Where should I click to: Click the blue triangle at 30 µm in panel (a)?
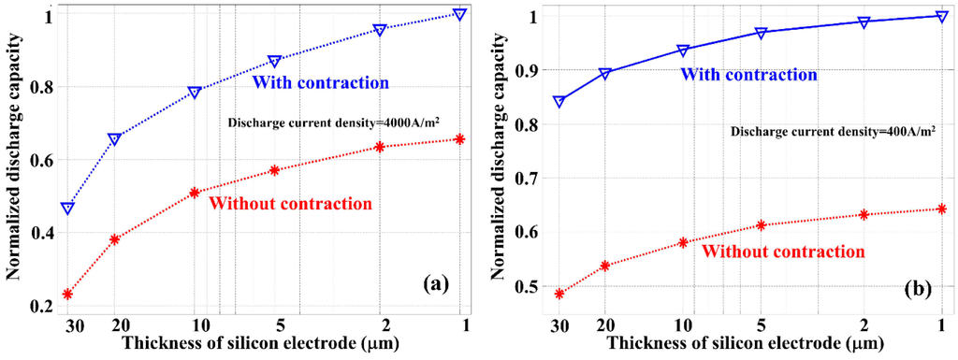(67, 208)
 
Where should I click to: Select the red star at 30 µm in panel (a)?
(67, 295)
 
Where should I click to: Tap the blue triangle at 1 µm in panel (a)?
(459, 14)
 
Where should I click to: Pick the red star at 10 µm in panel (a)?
(195, 193)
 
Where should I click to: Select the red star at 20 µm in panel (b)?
(604, 266)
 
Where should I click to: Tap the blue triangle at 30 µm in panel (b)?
(559, 101)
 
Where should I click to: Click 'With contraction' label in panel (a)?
(320, 82)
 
